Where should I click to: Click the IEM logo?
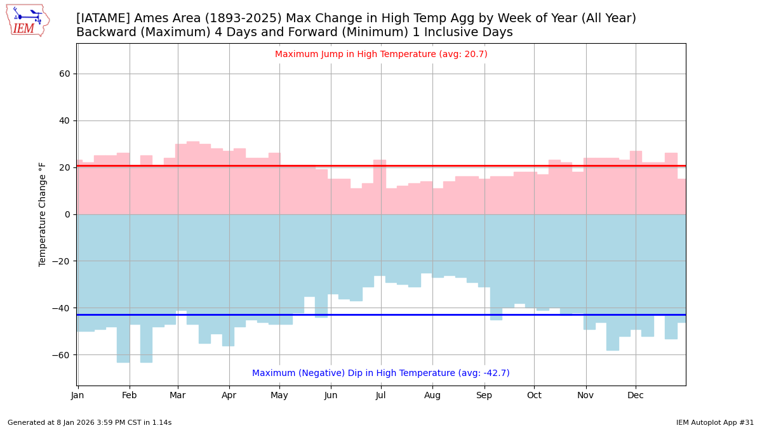pos(27,20)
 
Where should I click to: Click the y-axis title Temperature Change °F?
pos(43,214)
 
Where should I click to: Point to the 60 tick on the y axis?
pos(65,74)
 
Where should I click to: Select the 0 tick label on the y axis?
pos(67,214)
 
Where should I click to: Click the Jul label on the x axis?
pos(381,396)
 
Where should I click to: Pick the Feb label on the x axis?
pos(130,396)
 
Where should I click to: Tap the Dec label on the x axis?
pos(636,396)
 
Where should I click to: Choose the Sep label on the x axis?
pos(485,396)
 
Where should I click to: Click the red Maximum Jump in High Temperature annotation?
pos(381,55)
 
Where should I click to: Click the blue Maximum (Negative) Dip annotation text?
pos(381,373)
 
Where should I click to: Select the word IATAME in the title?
pos(102,19)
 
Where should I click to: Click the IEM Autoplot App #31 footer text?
pos(714,422)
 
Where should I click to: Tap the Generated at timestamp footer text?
pos(90,422)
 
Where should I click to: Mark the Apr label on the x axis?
pos(229,396)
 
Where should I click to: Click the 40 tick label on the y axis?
pos(65,120)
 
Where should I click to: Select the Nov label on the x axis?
pos(585,396)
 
